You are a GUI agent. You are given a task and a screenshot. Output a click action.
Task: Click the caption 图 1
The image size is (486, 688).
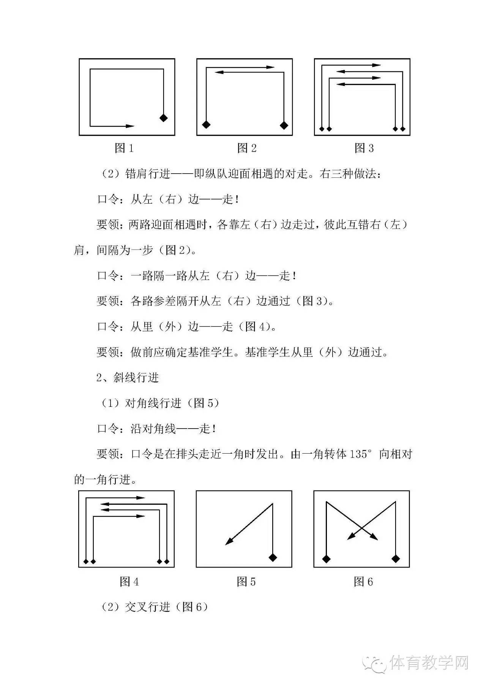click(x=124, y=148)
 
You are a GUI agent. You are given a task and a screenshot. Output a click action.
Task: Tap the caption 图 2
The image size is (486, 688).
click(x=247, y=148)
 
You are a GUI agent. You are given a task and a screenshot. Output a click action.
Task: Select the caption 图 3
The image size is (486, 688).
click(x=364, y=148)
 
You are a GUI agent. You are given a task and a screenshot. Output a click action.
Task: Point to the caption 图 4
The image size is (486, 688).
click(x=129, y=582)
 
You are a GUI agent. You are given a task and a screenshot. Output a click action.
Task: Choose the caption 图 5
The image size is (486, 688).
click(x=246, y=582)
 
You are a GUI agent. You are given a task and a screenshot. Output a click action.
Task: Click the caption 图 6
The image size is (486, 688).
click(x=363, y=582)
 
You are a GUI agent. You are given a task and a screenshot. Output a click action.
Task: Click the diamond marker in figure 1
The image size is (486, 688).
click(x=163, y=118)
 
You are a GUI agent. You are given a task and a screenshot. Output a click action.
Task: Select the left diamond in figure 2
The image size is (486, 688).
click(x=206, y=125)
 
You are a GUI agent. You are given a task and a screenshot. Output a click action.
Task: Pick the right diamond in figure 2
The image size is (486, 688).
click(x=284, y=125)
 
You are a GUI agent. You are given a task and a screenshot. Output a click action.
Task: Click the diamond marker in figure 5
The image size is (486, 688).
click(x=273, y=557)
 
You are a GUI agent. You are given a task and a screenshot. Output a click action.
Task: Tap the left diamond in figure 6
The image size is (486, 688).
click(x=326, y=558)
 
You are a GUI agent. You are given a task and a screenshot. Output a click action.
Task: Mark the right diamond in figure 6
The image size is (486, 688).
click(x=396, y=558)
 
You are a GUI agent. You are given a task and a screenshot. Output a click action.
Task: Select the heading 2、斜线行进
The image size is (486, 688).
click(x=128, y=378)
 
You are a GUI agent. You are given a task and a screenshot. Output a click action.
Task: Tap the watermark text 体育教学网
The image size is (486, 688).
click(x=429, y=663)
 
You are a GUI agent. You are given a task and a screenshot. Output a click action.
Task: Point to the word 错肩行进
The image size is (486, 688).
click(x=148, y=174)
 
